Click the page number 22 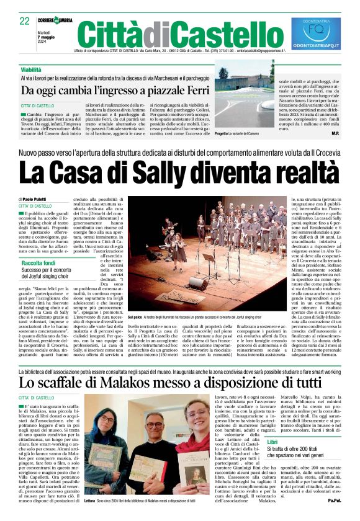25,21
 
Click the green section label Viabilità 30,69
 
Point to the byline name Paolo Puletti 39,198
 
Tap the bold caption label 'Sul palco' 135,316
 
